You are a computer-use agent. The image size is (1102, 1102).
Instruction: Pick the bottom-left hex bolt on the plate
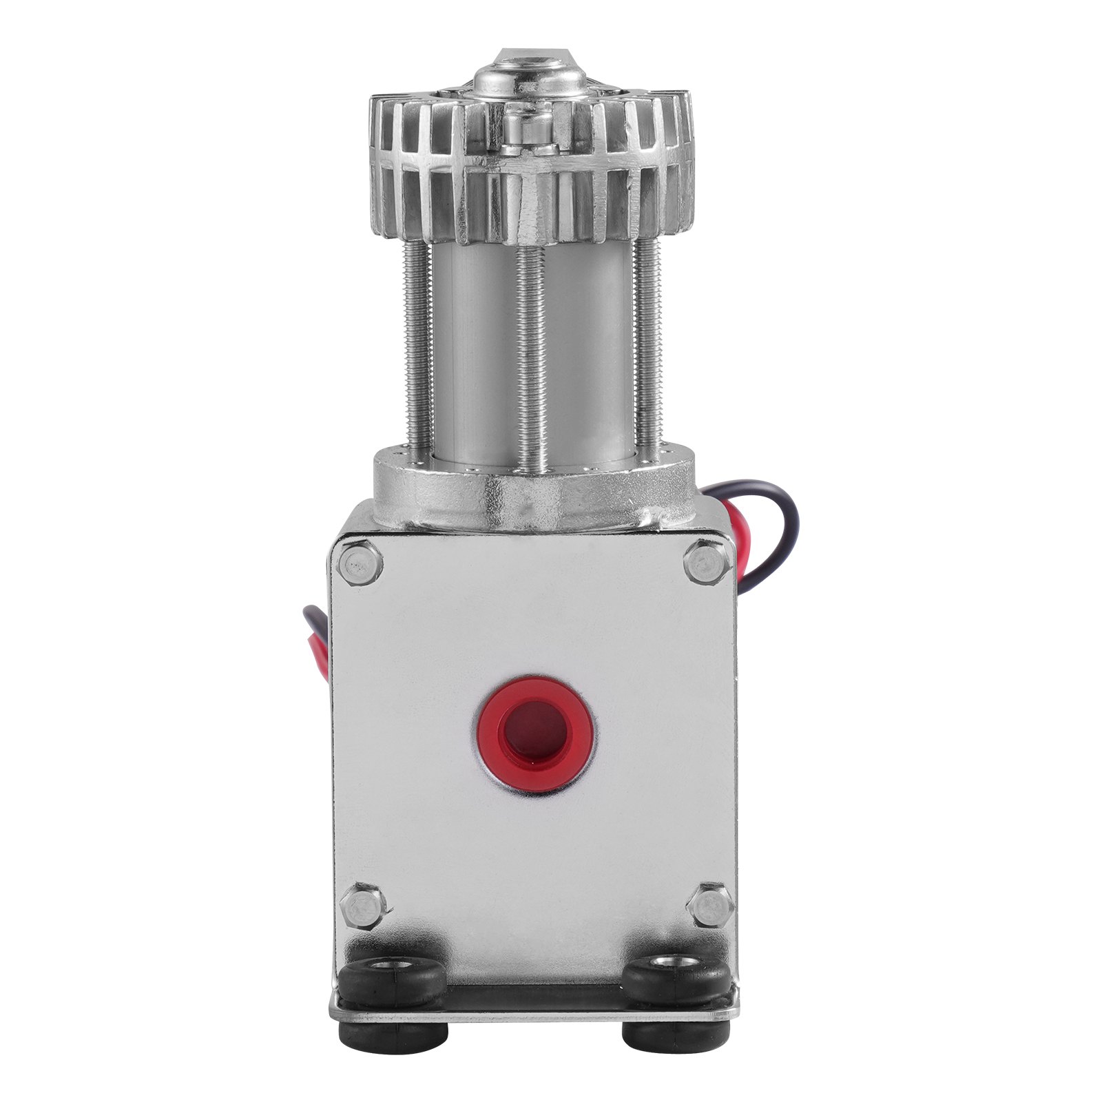(x=362, y=908)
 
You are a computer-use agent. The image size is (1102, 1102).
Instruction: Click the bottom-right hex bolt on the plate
(x=709, y=908)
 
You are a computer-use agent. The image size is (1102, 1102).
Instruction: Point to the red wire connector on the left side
(x=322, y=641)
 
